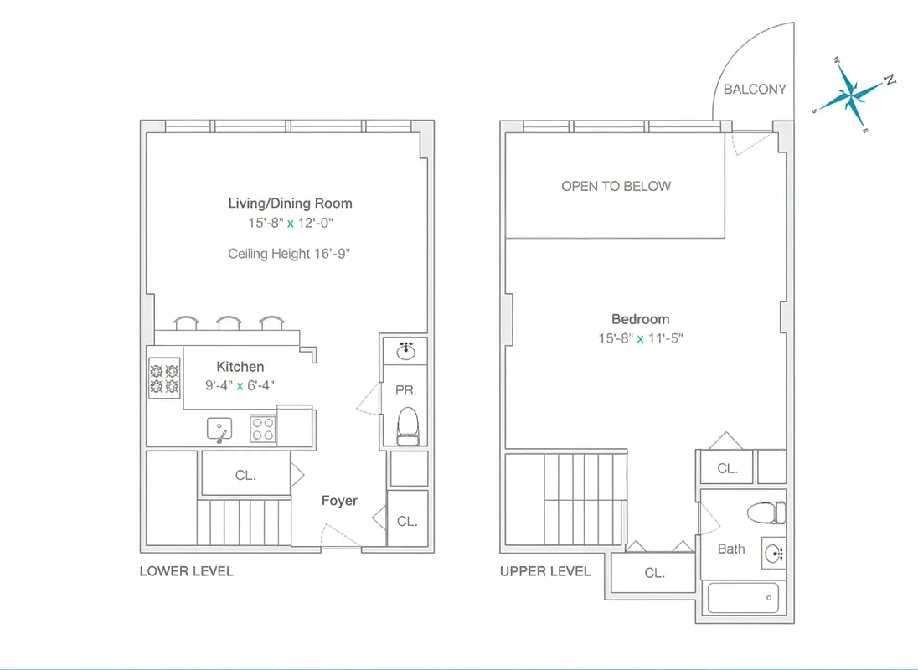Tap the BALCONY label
755,89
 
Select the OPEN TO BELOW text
616,186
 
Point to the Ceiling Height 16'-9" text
289,253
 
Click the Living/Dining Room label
290,203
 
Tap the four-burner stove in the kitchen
164,377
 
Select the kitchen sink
219,430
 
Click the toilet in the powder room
406,424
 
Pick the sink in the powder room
406,350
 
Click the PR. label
406,390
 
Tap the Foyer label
339,501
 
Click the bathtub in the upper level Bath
743,598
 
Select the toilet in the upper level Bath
767,511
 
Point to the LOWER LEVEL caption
186,571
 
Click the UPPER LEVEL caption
545,571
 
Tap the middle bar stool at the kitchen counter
229,323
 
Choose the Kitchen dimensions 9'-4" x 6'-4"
240,385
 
